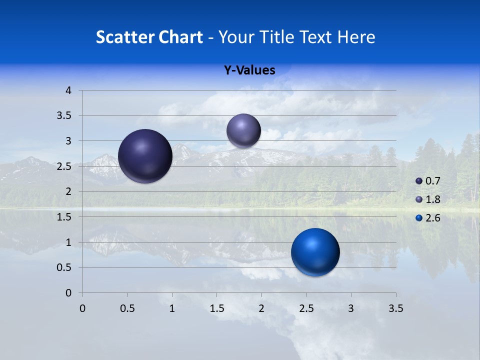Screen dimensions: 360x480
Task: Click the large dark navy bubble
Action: [x=145, y=156]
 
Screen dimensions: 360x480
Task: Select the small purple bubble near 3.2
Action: [x=243, y=130]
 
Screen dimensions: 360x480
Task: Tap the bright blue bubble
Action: [x=315, y=252]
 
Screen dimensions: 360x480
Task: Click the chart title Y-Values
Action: [x=249, y=70]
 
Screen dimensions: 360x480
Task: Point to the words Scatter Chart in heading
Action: [x=149, y=37]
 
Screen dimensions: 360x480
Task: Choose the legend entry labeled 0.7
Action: [x=428, y=181]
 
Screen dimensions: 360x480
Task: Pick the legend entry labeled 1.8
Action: [x=428, y=199]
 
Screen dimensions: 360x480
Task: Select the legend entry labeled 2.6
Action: [x=428, y=218]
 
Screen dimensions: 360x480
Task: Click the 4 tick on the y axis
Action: [x=68, y=90]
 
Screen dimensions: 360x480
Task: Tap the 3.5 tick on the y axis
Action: [x=65, y=116]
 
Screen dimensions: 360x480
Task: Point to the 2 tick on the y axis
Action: [x=68, y=191]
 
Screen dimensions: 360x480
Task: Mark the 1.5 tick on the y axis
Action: [x=65, y=217]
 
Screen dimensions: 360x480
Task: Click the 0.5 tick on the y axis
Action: [x=65, y=267]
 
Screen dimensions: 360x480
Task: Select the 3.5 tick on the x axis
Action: [x=395, y=308]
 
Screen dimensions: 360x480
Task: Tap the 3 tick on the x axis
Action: [x=351, y=308]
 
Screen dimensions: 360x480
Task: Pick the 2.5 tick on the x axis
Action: [x=306, y=308]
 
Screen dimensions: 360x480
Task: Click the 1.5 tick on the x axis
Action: [x=216, y=308]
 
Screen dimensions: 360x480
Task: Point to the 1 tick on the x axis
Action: [x=172, y=308]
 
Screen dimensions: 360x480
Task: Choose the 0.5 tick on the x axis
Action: [x=127, y=308]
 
